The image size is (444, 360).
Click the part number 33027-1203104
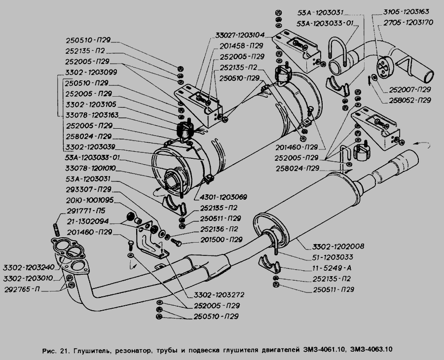(240, 35)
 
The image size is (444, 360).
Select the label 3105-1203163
(406, 11)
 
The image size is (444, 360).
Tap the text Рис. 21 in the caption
(56, 351)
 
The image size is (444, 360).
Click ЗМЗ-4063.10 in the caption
(371, 351)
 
